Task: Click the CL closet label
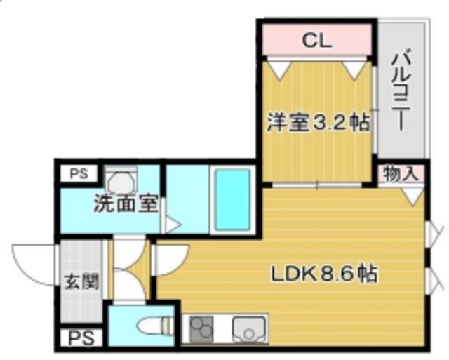316,40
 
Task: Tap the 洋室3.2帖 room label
318,123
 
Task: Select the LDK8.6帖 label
324,273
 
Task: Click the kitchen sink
248,328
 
